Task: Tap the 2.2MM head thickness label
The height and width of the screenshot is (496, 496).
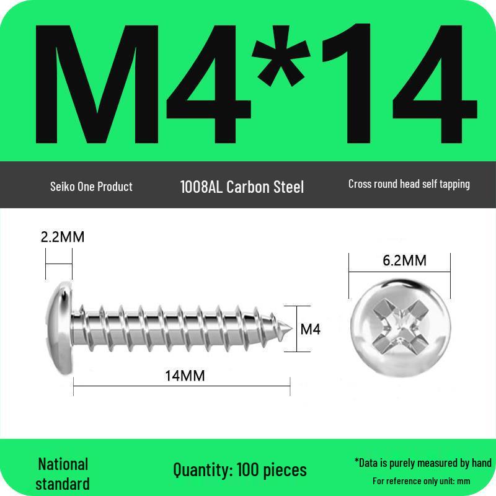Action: click(x=62, y=237)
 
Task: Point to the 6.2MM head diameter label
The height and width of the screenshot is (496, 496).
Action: click(x=404, y=260)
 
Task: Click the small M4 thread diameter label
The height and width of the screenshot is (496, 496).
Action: click(x=310, y=329)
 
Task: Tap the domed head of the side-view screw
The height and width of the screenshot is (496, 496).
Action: click(x=61, y=325)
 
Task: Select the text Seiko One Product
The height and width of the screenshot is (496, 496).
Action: click(x=91, y=186)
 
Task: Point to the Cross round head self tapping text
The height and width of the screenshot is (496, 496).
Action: click(x=409, y=184)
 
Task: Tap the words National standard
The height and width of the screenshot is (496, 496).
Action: click(x=63, y=474)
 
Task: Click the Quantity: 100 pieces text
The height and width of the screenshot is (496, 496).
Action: click(x=240, y=470)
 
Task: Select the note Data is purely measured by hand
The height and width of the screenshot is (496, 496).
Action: click(x=423, y=463)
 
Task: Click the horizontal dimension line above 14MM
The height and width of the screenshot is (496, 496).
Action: click(x=181, y=386)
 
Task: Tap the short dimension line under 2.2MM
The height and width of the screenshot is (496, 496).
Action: click(x=59, y=264)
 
